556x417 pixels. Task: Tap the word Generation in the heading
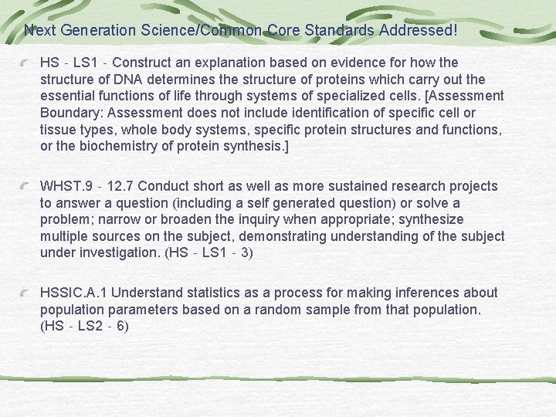103,31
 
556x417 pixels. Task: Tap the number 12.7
122,186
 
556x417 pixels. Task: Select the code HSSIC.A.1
74,293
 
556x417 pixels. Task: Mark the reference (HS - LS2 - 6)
84,327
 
